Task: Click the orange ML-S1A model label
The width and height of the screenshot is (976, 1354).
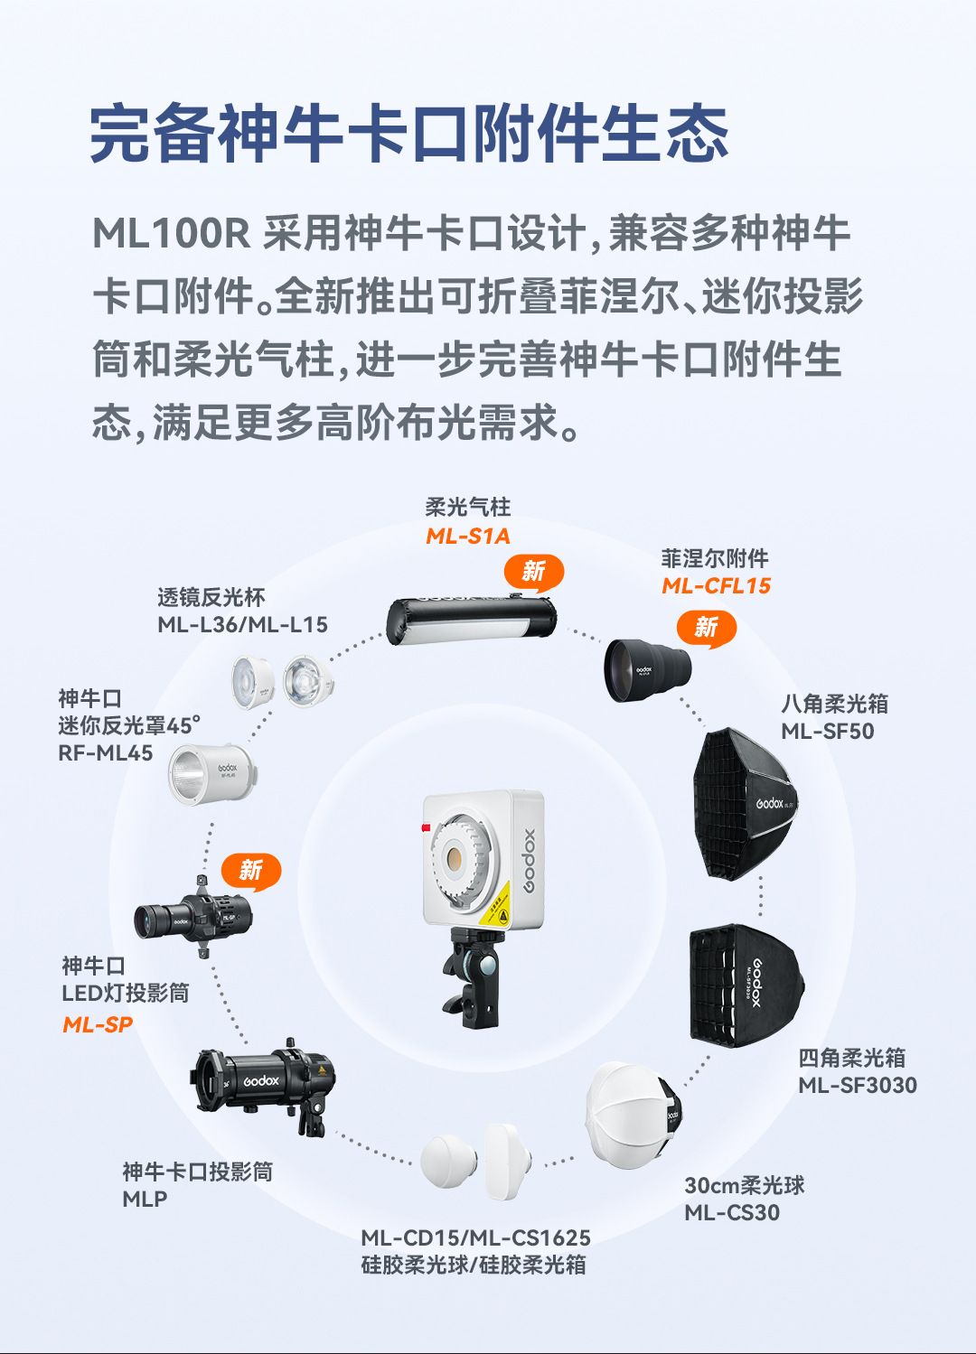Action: coord(468,537)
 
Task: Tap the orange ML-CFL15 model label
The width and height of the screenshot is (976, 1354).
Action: coord(716,585)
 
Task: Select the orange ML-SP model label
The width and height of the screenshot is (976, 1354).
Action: coord(98,1024)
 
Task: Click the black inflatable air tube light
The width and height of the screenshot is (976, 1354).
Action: coord(471,621)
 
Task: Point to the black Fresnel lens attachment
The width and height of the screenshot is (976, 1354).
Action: coord(647,669)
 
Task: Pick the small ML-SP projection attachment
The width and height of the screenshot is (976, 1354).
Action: coord(192,917)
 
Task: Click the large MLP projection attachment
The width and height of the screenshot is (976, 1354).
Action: coord(265,1087)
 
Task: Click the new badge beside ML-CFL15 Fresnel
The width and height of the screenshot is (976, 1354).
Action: coord(707,629)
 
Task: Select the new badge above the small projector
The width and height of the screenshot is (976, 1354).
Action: coord(251,872)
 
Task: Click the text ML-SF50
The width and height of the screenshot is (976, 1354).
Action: coord(827,732)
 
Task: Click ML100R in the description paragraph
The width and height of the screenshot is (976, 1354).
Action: coord(171,233)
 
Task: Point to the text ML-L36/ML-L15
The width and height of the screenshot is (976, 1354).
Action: coord(242,624)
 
